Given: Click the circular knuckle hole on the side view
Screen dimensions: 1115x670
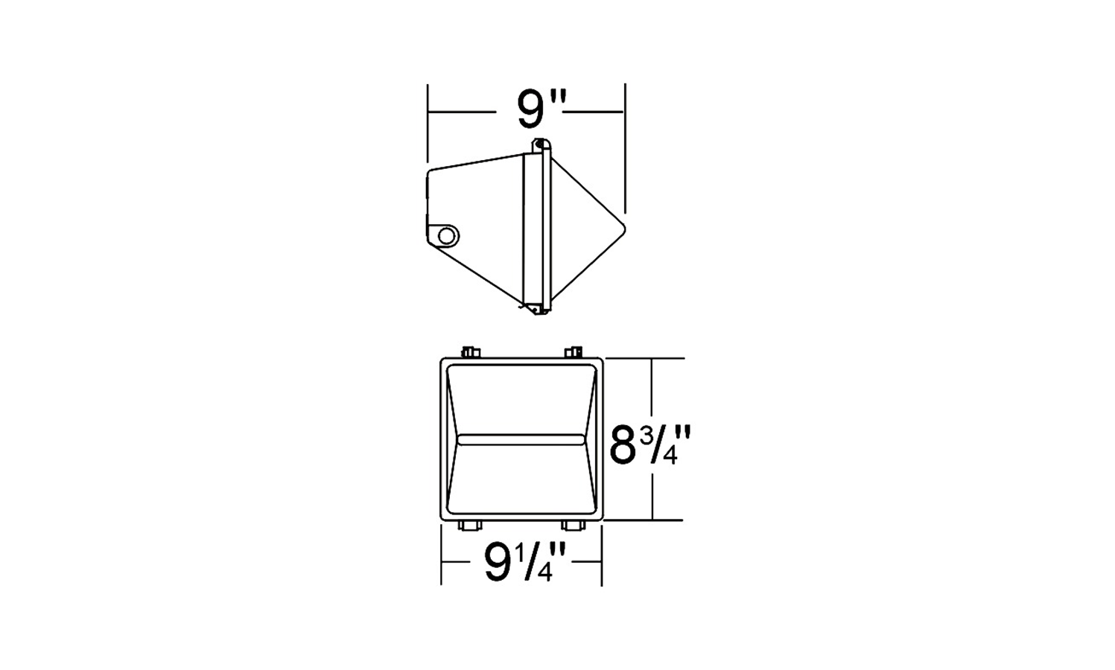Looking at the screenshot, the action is coord(447,235).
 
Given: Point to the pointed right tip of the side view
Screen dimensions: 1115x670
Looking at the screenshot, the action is coord(625,229).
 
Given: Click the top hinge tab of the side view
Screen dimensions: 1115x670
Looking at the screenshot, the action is coord(541,146).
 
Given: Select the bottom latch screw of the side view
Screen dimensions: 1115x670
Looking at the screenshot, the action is coord(536,310).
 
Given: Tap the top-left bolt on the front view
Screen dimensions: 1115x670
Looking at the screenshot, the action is coord(471,352).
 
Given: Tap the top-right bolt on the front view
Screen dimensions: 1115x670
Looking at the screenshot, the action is coord(574,352).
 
